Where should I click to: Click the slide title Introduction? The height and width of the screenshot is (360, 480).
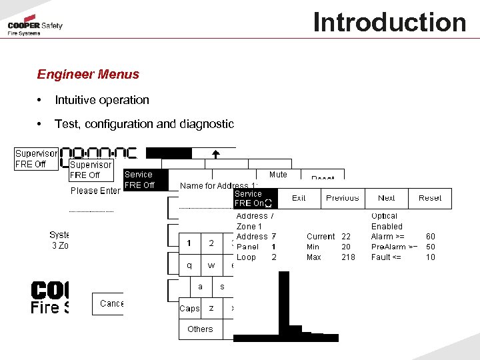tap(389, 22)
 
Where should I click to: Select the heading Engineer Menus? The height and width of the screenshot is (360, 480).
tap(88, 75)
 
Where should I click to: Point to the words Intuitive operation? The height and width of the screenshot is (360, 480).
tap(102, 100)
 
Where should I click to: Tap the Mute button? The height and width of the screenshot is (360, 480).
tap(278, 175)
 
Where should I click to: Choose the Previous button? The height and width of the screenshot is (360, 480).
tap(343, 198)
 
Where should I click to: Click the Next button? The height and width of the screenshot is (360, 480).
tap(387, 198)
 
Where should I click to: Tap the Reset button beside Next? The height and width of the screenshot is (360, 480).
tap(430, 198)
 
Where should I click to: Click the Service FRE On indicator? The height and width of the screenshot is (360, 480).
tap(253, 199)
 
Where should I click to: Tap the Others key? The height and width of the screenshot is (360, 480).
tap(200, 329)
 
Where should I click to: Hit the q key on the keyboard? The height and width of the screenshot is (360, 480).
tap(190, 265)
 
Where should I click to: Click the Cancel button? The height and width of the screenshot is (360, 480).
tap(111, 304)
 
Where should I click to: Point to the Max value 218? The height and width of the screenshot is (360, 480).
tap(348, 257)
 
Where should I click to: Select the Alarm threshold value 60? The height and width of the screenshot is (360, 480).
tap(431, 237)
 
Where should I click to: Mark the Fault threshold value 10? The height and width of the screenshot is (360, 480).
tap(431, 257)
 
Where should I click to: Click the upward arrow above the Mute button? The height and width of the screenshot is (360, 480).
tap(215, 154)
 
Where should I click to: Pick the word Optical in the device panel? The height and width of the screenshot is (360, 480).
tap(384, 216)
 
